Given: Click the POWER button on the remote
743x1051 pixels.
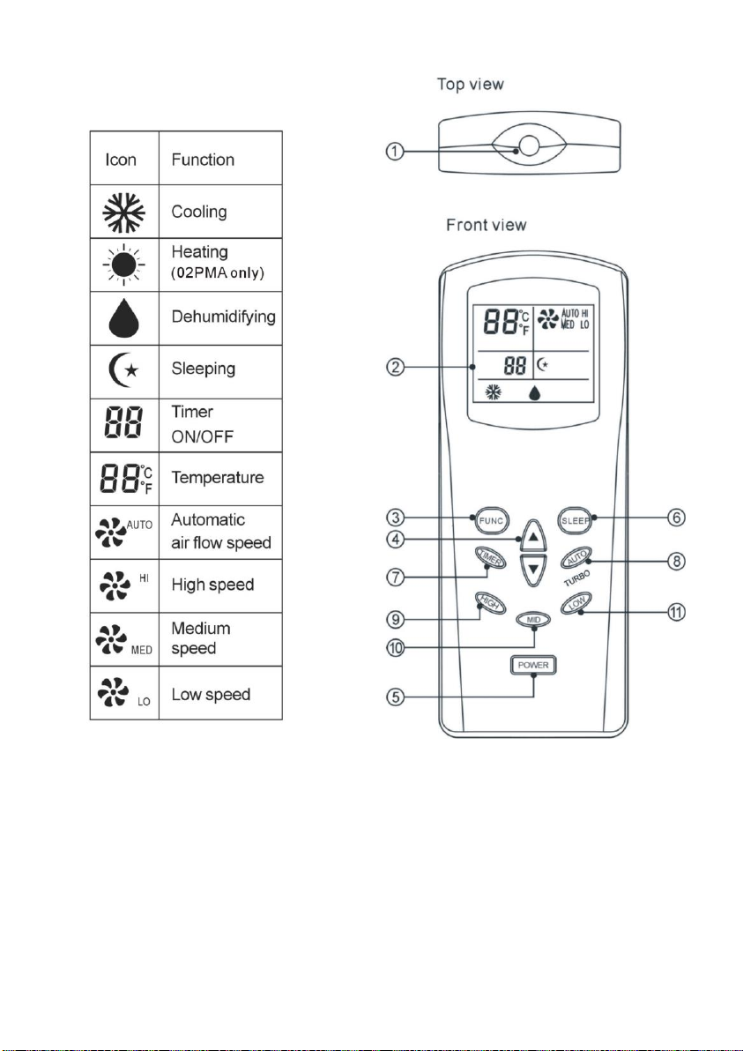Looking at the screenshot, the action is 533,665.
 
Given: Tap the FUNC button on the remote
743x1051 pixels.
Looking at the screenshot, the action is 491,521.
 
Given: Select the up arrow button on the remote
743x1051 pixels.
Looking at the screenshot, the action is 533,536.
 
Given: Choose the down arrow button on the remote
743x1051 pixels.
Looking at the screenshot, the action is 533,570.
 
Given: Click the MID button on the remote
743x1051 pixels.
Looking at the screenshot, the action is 533,620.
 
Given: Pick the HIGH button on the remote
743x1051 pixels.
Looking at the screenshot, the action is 490,603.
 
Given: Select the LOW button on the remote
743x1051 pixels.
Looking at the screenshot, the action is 576,603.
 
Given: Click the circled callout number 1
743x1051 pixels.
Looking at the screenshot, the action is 395,152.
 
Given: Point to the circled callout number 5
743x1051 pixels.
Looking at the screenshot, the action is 395,697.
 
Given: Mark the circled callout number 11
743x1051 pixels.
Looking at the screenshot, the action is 678,612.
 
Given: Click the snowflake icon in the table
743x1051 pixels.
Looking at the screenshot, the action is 124,212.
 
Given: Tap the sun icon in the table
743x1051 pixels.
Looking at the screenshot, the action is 124,265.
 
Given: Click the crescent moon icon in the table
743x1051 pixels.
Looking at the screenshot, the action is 123,369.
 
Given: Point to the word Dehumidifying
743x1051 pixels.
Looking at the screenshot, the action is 223,317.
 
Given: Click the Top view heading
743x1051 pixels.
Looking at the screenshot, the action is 470,85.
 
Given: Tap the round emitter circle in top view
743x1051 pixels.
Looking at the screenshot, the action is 530,145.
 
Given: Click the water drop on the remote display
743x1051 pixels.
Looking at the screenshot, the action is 534,392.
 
